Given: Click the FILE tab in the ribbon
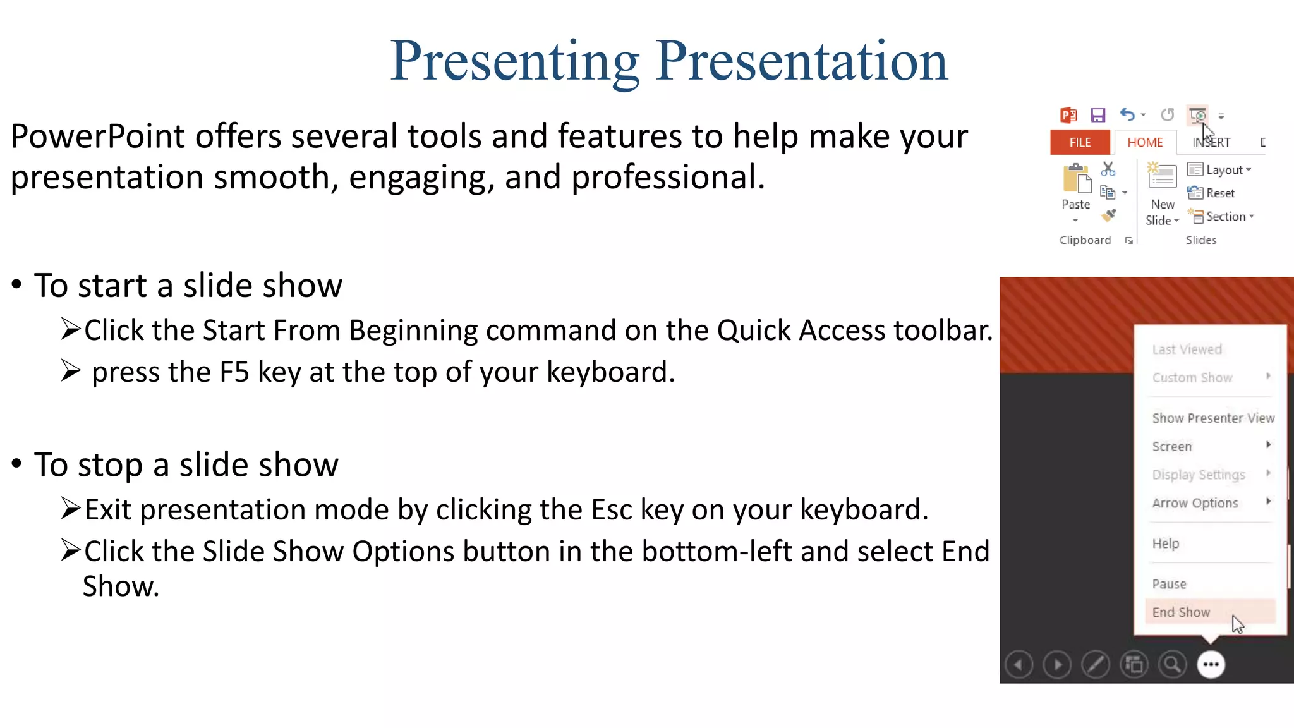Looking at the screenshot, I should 1080,143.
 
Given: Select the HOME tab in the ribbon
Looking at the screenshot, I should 1145,143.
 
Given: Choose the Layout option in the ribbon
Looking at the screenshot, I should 1219,170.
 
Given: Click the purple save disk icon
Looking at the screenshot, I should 1098,115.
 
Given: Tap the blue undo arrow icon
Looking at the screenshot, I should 1127,114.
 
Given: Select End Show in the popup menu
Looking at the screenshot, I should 1181,612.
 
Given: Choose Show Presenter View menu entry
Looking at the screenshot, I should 1213,418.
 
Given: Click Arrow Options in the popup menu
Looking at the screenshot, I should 1195,504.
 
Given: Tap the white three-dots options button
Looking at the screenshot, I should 1211,665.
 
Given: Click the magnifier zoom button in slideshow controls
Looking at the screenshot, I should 1172,665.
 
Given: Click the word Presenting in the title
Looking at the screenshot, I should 515,62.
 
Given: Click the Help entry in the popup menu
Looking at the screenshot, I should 1165,544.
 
